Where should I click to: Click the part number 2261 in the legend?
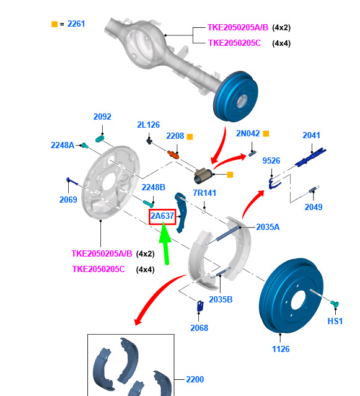[76, 24]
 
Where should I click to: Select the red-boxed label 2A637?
[162, 216]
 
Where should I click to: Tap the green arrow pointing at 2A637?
[165, 243]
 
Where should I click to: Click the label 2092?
[102, 117]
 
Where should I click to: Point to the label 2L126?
[149, 125]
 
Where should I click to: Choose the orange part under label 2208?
[173, 155]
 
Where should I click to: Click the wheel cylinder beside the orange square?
[203, 176]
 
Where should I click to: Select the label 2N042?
[248, 133]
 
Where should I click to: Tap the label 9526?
[271, 161]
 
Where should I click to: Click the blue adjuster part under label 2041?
[310, 157]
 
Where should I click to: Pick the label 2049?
[314, 207]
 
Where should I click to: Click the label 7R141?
[204, 193]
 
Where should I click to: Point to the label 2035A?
[268, 227]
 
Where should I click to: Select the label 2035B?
[221, 299]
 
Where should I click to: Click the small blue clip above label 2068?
[200, 306]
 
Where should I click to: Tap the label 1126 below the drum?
[281, 349]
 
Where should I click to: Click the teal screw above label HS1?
[335, 304]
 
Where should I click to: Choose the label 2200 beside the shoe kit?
[195, 379]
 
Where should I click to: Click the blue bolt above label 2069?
[72, 182]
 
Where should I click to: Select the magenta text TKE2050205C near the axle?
[234, 43]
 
